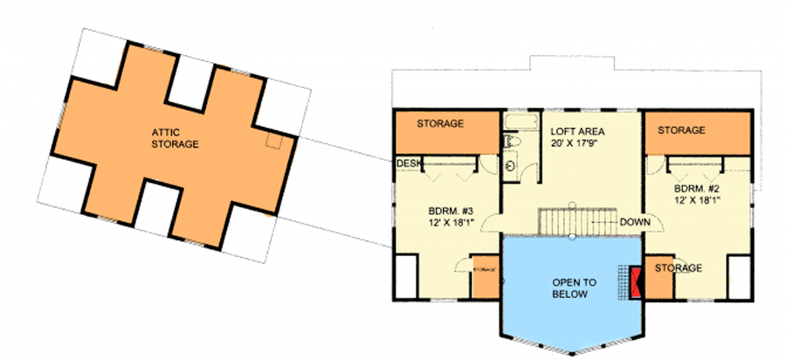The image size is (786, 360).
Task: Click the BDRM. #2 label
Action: point(697,188)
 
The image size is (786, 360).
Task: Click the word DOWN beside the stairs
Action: point(635,222)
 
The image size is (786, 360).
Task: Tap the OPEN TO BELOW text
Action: point(574,288)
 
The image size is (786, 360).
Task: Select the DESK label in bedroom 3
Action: point(409,163)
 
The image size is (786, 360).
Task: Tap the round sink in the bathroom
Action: point(511,163)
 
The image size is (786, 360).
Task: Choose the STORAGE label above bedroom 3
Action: point(439,124)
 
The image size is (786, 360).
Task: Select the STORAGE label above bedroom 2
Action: point(681,130)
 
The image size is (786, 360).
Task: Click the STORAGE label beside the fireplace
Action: point(679,267)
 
